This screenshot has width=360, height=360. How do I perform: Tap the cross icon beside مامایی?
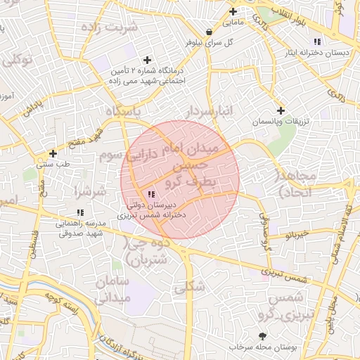(233, 11)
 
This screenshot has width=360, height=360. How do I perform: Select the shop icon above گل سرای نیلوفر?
(209, 32)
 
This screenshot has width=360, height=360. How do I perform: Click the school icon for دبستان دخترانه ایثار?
(318, 41)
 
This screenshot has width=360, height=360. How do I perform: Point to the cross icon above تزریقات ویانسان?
(281, 110)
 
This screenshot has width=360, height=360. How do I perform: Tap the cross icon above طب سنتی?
(53, 153)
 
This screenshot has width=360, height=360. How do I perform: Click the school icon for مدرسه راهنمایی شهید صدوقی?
(80, 212)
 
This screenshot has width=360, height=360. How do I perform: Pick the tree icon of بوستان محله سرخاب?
(263, 336)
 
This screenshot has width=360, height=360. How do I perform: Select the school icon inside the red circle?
(150, 194)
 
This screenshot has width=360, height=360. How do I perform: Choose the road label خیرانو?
(297, 233)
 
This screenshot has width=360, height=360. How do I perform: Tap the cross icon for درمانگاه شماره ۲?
(147, 60)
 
